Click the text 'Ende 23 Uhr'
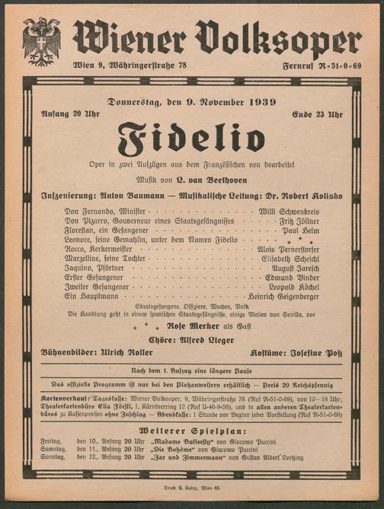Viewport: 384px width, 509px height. (x=317, y=114)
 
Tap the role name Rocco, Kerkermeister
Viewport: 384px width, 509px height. (x=98, y=249)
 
